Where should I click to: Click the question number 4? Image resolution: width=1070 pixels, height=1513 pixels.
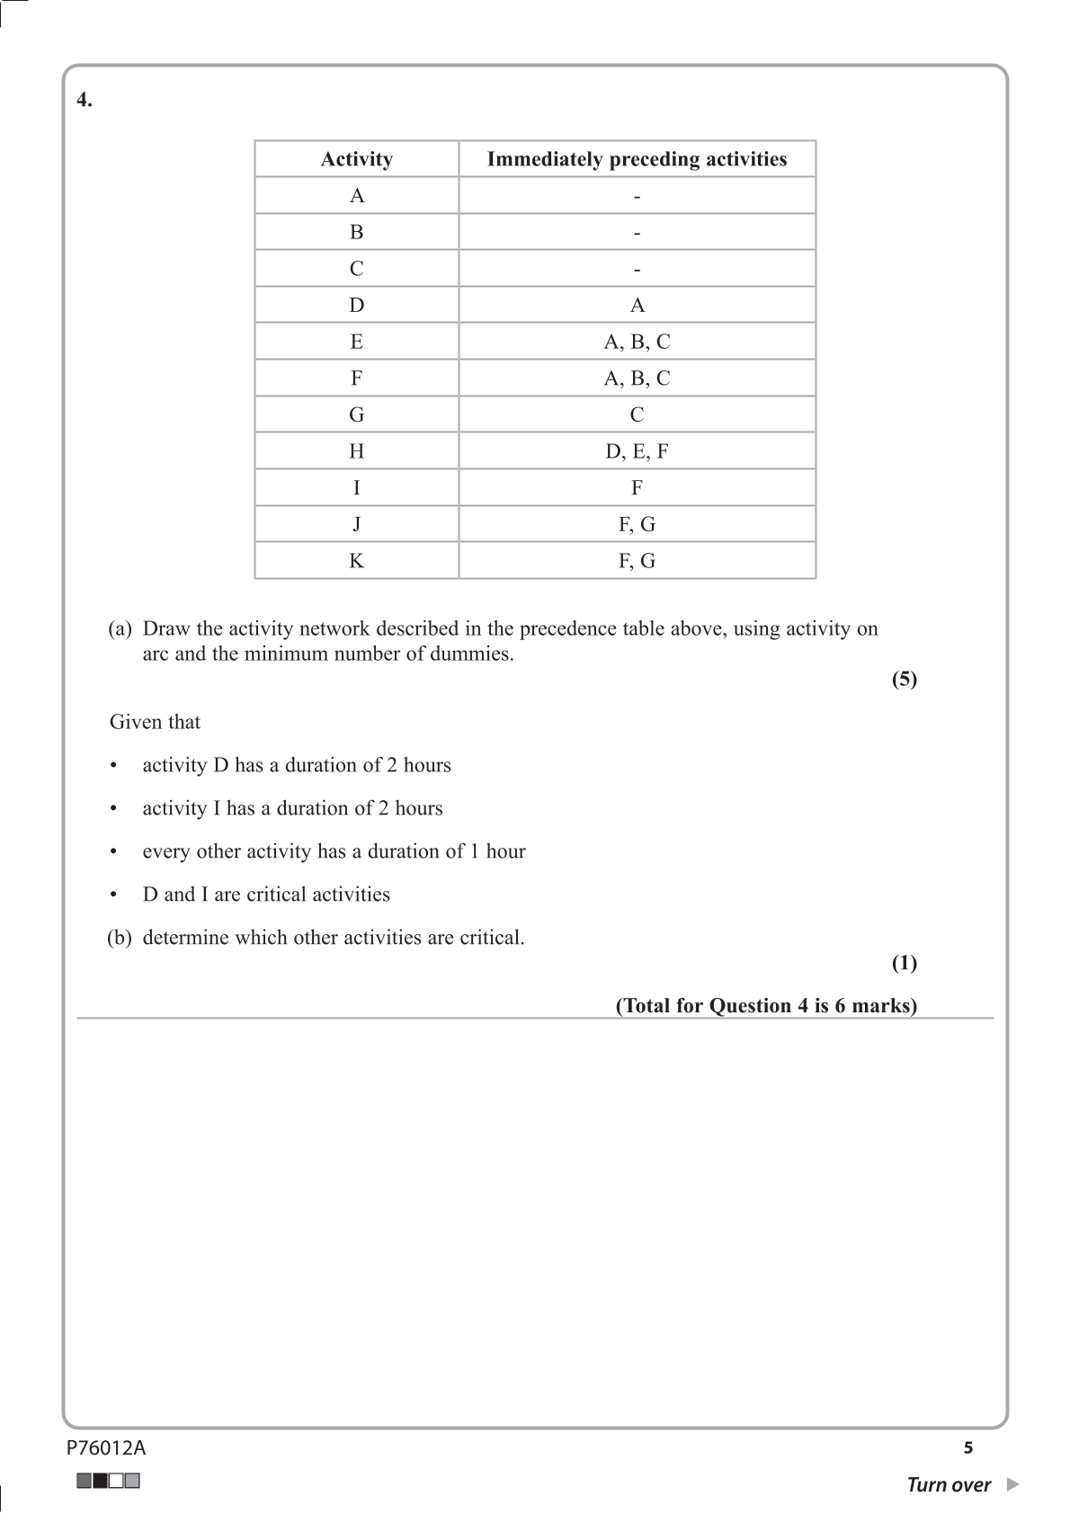(x=84, y=100)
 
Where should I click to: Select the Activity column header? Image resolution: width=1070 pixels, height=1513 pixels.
(x=357, y=159)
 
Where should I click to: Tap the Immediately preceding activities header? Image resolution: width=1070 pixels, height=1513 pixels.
(x=637, y=159)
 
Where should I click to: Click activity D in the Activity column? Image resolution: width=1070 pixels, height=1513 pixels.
(x=357, y=306)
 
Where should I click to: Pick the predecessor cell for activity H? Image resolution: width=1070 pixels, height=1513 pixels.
(x=637, y=451)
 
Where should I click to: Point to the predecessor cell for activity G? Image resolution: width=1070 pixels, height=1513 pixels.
(x=637, y=414)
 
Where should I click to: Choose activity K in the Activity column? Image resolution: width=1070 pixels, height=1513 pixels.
(x=357, y=561)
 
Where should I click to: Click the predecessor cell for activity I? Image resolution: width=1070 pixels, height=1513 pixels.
(x=637, y=488)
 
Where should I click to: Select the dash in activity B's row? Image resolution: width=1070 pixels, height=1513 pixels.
(x=637, y=233)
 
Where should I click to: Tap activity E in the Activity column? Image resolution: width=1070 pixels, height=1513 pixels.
(x=357, y=342)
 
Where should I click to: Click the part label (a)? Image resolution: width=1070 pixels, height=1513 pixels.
(x=120, y=628)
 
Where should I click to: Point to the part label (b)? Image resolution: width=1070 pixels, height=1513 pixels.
(x=120, y=938)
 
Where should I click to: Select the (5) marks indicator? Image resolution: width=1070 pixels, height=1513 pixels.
(x=904, y=679)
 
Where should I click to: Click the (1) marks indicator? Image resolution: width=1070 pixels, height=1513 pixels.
(x=904, y=963)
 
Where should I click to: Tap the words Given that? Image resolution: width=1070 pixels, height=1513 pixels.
(x=155, y=722)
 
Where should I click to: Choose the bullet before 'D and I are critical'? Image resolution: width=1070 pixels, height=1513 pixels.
(x=113, y=894)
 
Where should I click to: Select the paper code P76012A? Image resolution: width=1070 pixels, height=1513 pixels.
(x=106, y=1447)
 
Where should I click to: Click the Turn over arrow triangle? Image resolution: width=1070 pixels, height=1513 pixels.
(x=1012, y=1484)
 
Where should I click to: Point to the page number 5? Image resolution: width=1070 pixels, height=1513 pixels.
(x=968, y=1447)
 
